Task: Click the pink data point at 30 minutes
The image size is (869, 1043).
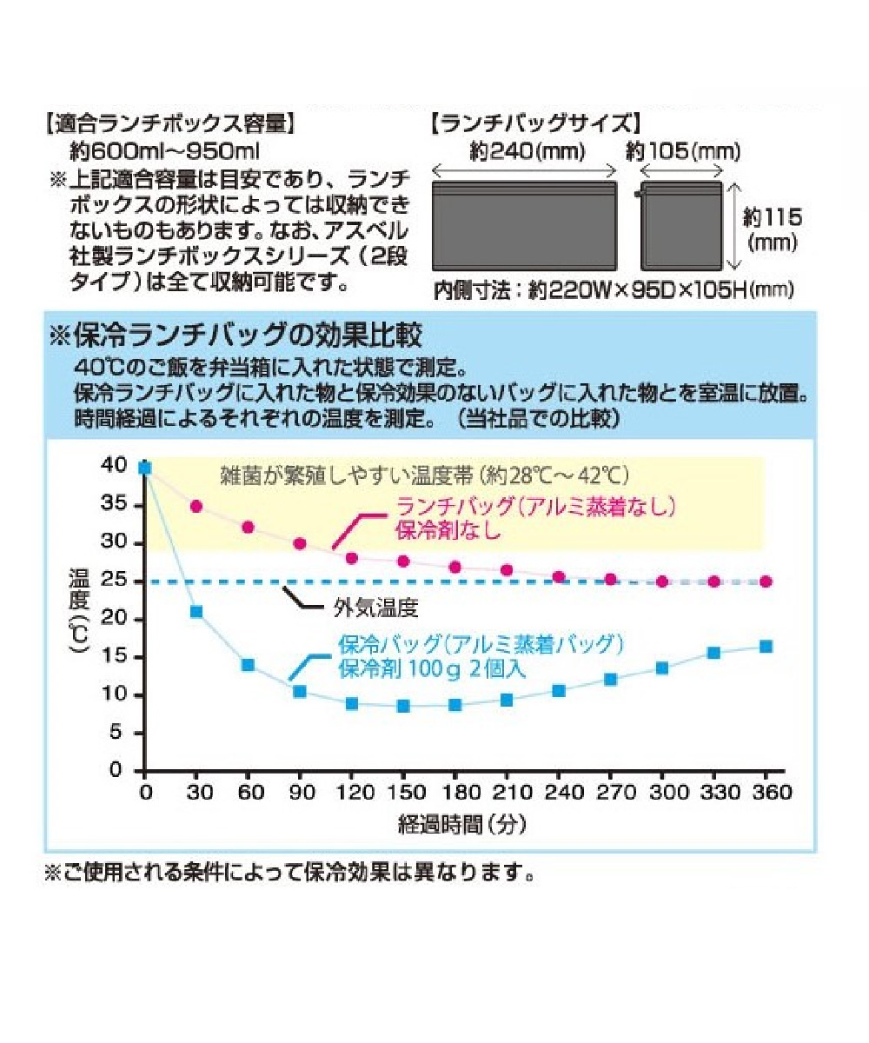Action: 196,506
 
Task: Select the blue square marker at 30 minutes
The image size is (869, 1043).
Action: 196,612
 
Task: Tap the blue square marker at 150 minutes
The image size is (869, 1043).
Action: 402,706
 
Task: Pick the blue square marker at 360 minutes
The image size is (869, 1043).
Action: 766,646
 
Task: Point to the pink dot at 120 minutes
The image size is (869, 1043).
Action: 352,558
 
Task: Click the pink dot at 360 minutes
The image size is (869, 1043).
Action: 766,581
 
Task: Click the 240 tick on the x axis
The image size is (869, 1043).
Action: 558,793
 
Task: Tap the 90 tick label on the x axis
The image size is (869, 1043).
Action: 299,793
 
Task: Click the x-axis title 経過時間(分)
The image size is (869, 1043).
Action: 462,824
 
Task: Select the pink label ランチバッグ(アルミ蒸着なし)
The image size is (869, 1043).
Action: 535,507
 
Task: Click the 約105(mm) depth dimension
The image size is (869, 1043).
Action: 683,152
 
